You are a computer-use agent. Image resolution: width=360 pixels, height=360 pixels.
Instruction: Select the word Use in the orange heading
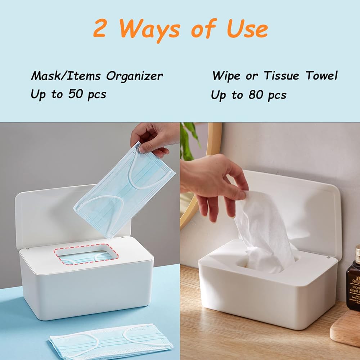tap(247, 28)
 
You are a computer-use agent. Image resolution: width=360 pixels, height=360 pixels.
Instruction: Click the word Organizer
tap(134, 76)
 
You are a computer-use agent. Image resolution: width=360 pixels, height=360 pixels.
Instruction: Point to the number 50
tap(76, 94)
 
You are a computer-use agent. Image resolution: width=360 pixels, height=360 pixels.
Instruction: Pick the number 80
tap(256, 94)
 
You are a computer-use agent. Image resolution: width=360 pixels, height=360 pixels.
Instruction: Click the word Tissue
tap(281, 76)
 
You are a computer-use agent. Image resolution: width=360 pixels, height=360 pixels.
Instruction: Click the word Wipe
tap(226, 76)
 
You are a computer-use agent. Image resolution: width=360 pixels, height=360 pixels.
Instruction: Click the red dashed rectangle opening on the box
tap(86, 254)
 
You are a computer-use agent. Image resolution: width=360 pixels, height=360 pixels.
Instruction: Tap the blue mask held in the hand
tap(125, 190)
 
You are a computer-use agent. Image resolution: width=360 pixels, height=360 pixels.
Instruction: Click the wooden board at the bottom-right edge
tap(346, 328)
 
